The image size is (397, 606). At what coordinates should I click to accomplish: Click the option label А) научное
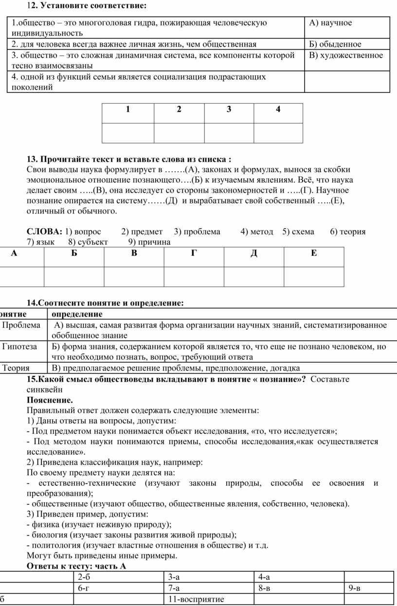point(330,23)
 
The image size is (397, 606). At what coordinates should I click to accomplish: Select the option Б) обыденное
point(335,44)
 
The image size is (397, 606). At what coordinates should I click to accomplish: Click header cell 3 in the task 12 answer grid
point(229,109)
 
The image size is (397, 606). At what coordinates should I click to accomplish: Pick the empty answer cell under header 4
point(278,133)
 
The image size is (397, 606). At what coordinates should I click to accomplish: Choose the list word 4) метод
point(256,232)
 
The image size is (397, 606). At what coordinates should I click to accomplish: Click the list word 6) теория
point(347,232)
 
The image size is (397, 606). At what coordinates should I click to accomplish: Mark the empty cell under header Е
point(314,276)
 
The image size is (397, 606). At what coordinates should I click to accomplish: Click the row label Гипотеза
point(19,347)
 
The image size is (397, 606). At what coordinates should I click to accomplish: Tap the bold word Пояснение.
point(50,400)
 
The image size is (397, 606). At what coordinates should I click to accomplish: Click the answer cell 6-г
point(84,588)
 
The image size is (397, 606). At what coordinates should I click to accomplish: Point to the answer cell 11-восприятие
point(196,599)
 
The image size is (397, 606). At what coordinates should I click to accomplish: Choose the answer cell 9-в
point(355,588)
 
